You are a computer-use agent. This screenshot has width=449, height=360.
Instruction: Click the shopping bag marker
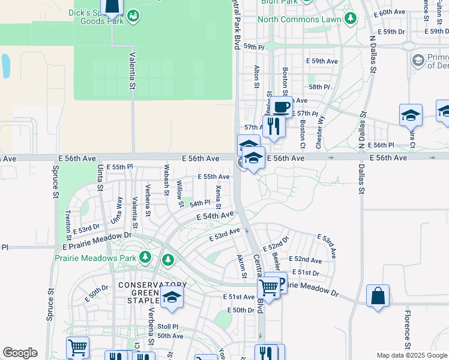coord(378,296)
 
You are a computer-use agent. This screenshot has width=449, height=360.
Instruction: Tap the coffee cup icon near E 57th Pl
coord(280,107)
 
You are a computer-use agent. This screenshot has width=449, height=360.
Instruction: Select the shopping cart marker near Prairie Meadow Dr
coord(268,288)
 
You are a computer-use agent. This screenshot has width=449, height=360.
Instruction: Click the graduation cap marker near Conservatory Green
coord(172,298)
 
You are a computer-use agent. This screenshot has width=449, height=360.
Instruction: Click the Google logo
coord(20,353)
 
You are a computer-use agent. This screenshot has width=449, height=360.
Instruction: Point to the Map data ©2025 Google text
coord(412,355)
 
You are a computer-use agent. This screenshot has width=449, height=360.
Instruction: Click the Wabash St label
coord(166,178)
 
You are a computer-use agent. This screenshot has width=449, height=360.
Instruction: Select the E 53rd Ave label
coord(225,234)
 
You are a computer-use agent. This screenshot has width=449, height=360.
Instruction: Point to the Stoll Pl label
coord(167,327)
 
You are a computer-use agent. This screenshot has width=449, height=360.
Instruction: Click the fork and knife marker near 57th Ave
coord(272,126)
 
